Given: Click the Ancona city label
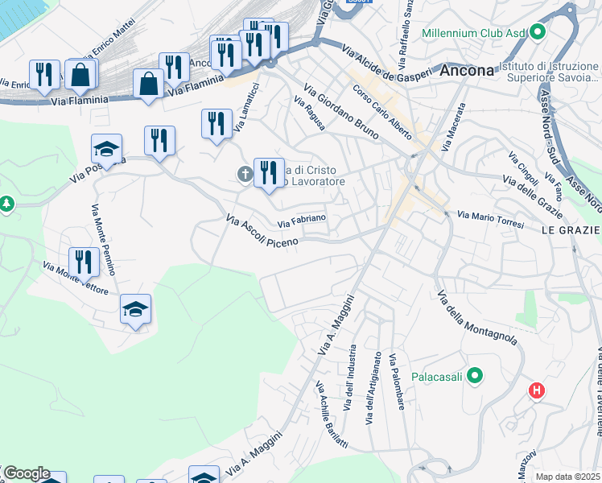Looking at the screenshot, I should point(467,70).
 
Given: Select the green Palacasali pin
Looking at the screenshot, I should point(475,375).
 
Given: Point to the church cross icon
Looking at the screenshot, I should point(245,173).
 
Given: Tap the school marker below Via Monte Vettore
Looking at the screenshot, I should point(135,309).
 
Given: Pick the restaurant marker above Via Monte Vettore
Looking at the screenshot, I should point(84,262).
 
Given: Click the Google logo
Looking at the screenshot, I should point(26,473).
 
